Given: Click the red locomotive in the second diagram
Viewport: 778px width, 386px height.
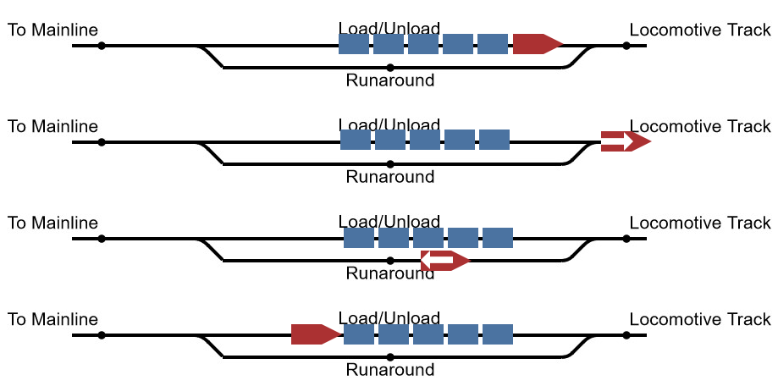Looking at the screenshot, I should [625, 141].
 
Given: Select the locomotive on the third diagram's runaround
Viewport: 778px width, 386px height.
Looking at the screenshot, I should [444, 261].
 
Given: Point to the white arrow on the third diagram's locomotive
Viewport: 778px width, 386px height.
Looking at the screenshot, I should [439, 261].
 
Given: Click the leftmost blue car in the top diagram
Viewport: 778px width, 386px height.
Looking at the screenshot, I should [354, 44].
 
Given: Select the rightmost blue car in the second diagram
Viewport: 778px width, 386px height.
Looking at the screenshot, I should [494, 141].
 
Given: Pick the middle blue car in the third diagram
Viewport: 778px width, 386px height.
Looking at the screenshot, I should [428, 238].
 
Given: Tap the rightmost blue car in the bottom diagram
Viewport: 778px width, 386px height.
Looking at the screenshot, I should [498, 334].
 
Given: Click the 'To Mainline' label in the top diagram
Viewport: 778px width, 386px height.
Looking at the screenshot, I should [53, 30].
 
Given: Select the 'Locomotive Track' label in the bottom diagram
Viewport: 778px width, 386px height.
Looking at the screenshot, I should [700, 320].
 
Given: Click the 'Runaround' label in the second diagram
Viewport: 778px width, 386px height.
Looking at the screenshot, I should [390, 177].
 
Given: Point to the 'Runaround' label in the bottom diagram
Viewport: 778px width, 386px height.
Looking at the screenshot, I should [390, 370].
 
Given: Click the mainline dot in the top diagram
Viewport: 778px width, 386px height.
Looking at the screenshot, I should [102, 46].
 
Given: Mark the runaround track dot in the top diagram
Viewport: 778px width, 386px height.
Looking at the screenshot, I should [389, 68].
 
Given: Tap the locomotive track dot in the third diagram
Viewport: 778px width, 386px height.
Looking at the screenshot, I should [626, 239].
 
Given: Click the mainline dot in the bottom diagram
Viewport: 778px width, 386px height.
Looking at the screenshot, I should [102, 335].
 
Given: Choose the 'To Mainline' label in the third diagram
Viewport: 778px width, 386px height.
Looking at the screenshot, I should [53, 223].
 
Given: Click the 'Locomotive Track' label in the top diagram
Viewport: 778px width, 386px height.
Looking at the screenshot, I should [700, 30].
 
